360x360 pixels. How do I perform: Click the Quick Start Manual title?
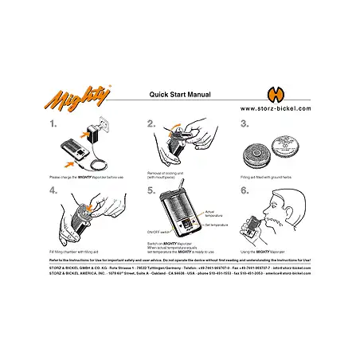tap(180, 94)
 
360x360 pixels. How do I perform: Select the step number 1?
tap(53, 124)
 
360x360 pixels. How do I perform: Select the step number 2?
tap(151, 124)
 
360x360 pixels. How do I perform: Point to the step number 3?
tap(245, 124)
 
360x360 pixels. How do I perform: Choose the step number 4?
tap(53, 190)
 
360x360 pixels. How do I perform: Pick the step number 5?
tap(151, 190)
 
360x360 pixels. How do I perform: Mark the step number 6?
tap(245, 190)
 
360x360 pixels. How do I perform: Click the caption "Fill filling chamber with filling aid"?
tap(76, 253)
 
